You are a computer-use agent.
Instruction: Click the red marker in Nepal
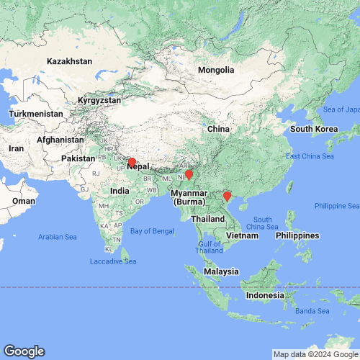[132, 161]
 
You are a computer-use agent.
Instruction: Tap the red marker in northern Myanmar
[189, 174]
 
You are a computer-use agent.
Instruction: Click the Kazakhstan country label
[70, 62]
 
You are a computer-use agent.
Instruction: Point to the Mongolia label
[217, 71]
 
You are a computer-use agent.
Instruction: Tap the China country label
[217, 128]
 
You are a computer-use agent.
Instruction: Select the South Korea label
[314, 129]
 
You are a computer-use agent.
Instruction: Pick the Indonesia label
[269, 296]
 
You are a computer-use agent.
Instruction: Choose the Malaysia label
[220, 271]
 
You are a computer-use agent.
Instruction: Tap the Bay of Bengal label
[153, 230]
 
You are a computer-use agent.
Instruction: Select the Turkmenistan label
[37, 114]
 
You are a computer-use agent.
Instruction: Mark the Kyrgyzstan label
[97, 101]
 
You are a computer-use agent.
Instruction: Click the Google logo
[24, 351]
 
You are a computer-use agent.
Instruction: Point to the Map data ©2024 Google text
[315, 354]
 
